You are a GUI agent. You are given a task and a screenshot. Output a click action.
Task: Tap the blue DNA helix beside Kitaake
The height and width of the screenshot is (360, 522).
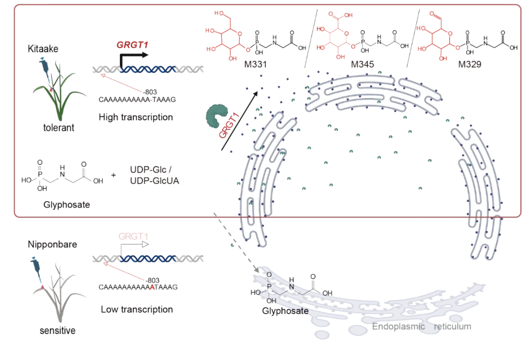(145, 70)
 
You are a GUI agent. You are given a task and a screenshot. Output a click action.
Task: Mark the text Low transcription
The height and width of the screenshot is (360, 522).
(137, 308)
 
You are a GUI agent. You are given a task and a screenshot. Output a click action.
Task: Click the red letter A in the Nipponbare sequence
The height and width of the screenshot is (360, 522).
(153, 287)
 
